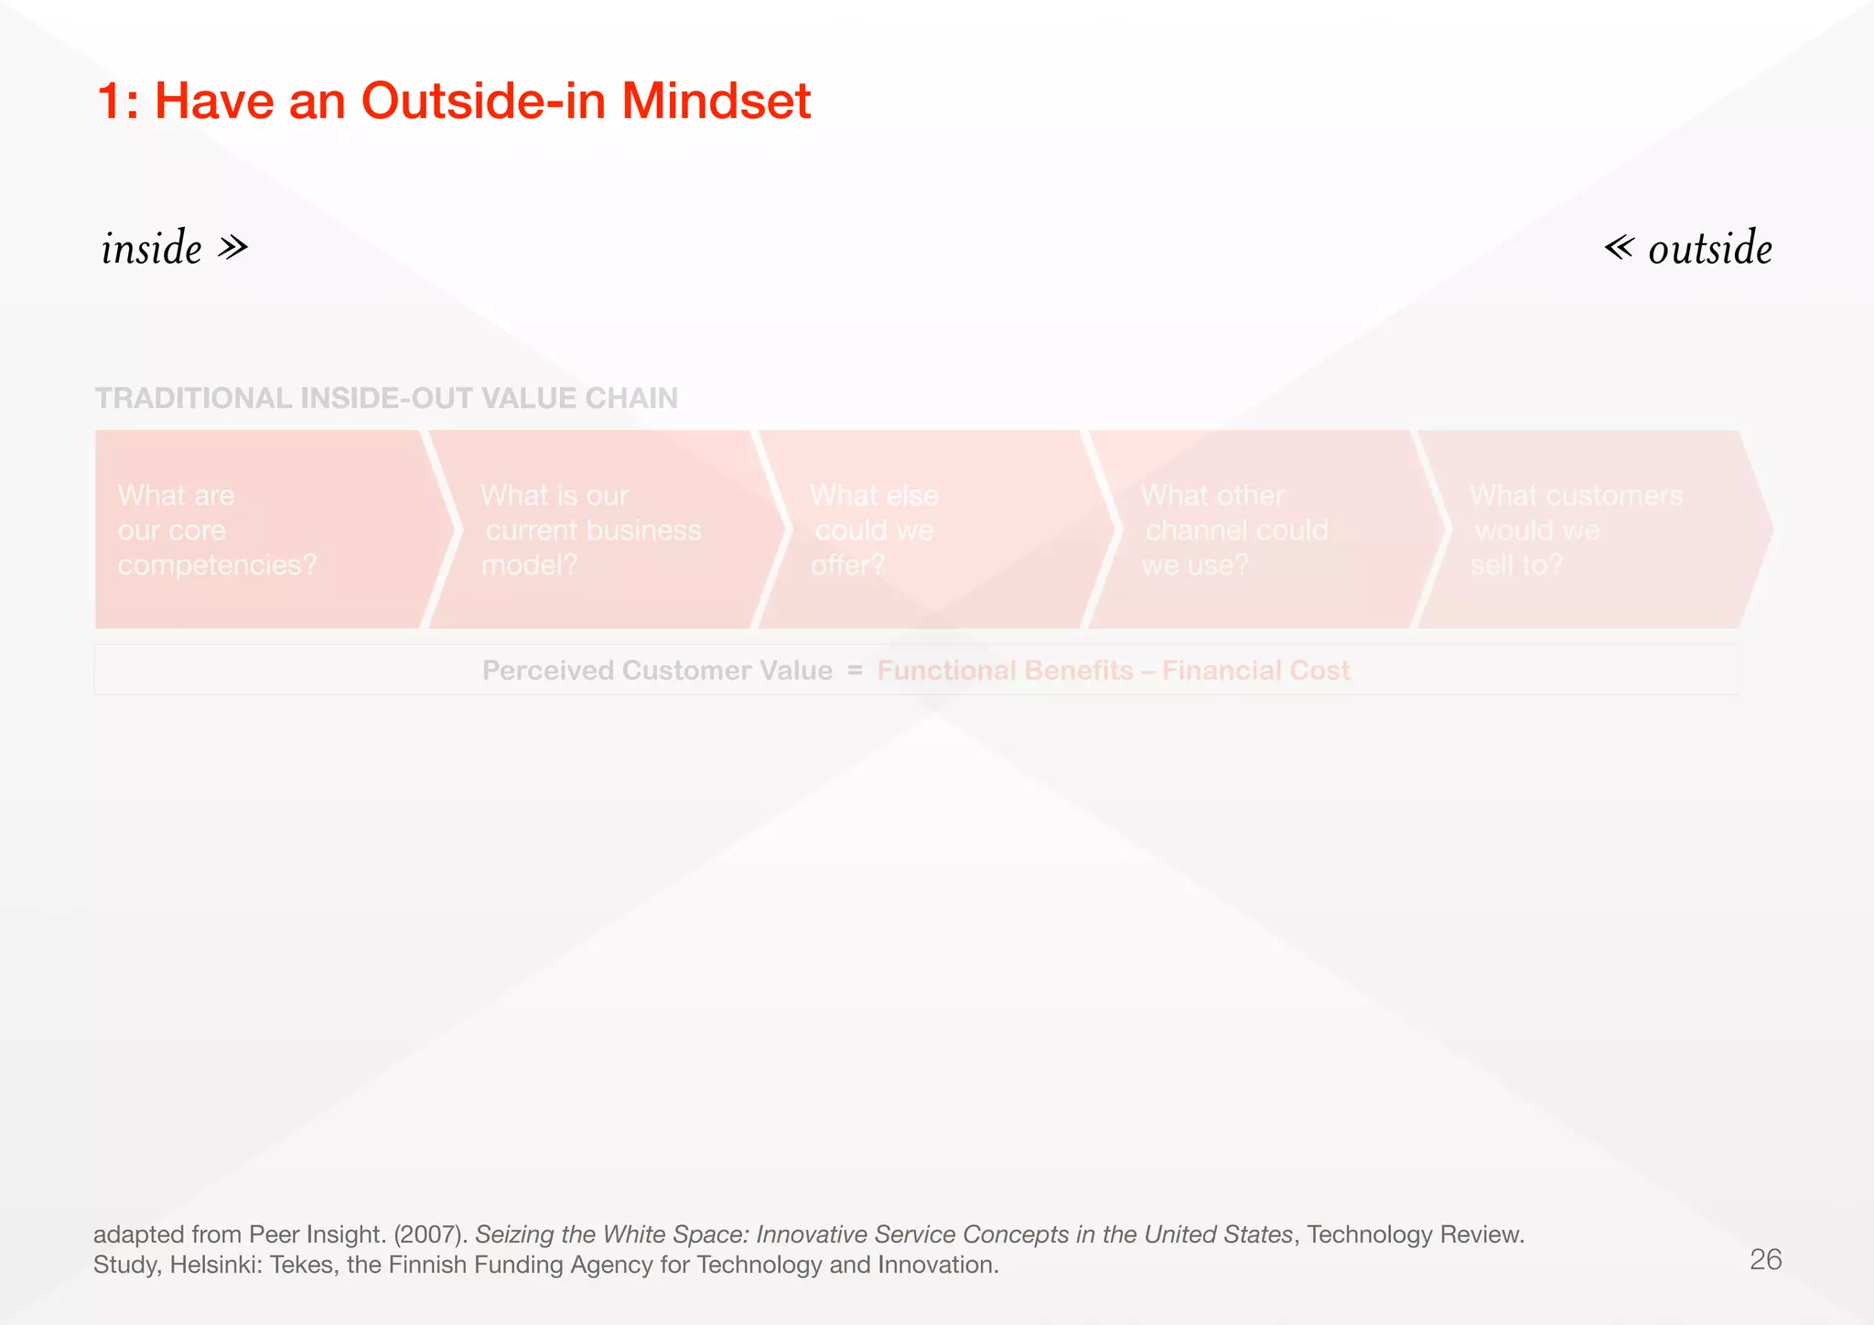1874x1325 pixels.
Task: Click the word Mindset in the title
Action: click(x=716, y=101)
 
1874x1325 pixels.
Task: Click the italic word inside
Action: click(x=152, y=248)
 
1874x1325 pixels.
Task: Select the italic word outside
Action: click(x=1709, y=248)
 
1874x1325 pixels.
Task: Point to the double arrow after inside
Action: click(x=233, y=247)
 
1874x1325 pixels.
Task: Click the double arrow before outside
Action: click(x=1619, y=247)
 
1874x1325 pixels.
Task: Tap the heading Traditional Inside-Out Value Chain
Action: click(x=386, y=398)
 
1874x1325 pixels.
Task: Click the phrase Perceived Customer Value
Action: click(x=657, y=671)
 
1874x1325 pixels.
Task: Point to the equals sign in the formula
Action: click(x=855, y=671)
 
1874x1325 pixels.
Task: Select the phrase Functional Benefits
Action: click(x=1005, y=671)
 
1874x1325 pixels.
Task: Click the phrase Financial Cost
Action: click(x=1255, y=671)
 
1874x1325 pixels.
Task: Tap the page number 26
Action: click(x=1765, y=1260)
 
